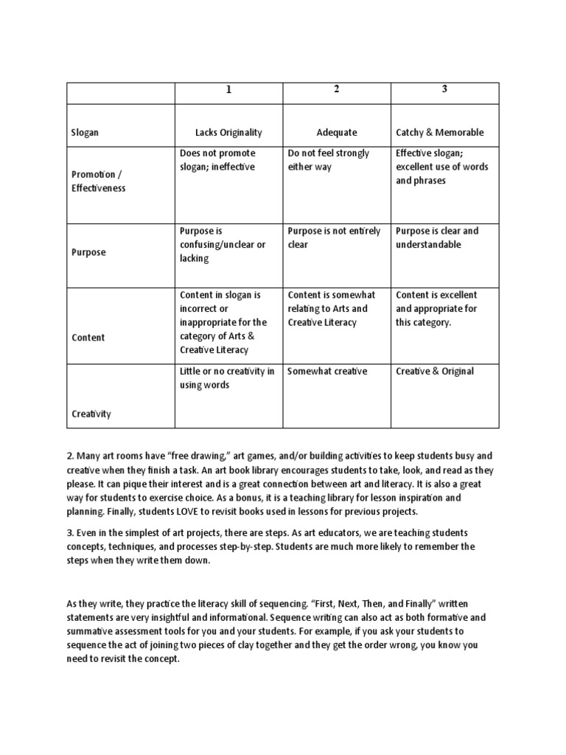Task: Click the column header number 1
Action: tap(228, 90)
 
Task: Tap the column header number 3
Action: tap(444, 90)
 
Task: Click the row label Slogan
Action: tap(85, 133)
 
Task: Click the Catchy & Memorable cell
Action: tap(440, 133)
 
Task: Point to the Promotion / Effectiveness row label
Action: tap(98, 181)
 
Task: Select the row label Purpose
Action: tap(88, 252)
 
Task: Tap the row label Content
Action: tap(88, 338)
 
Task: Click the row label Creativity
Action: tap(91, 414)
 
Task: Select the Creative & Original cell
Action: tap(435, 372)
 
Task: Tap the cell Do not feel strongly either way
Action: tap(329, 160)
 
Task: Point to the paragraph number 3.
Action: tap(69, 532)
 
